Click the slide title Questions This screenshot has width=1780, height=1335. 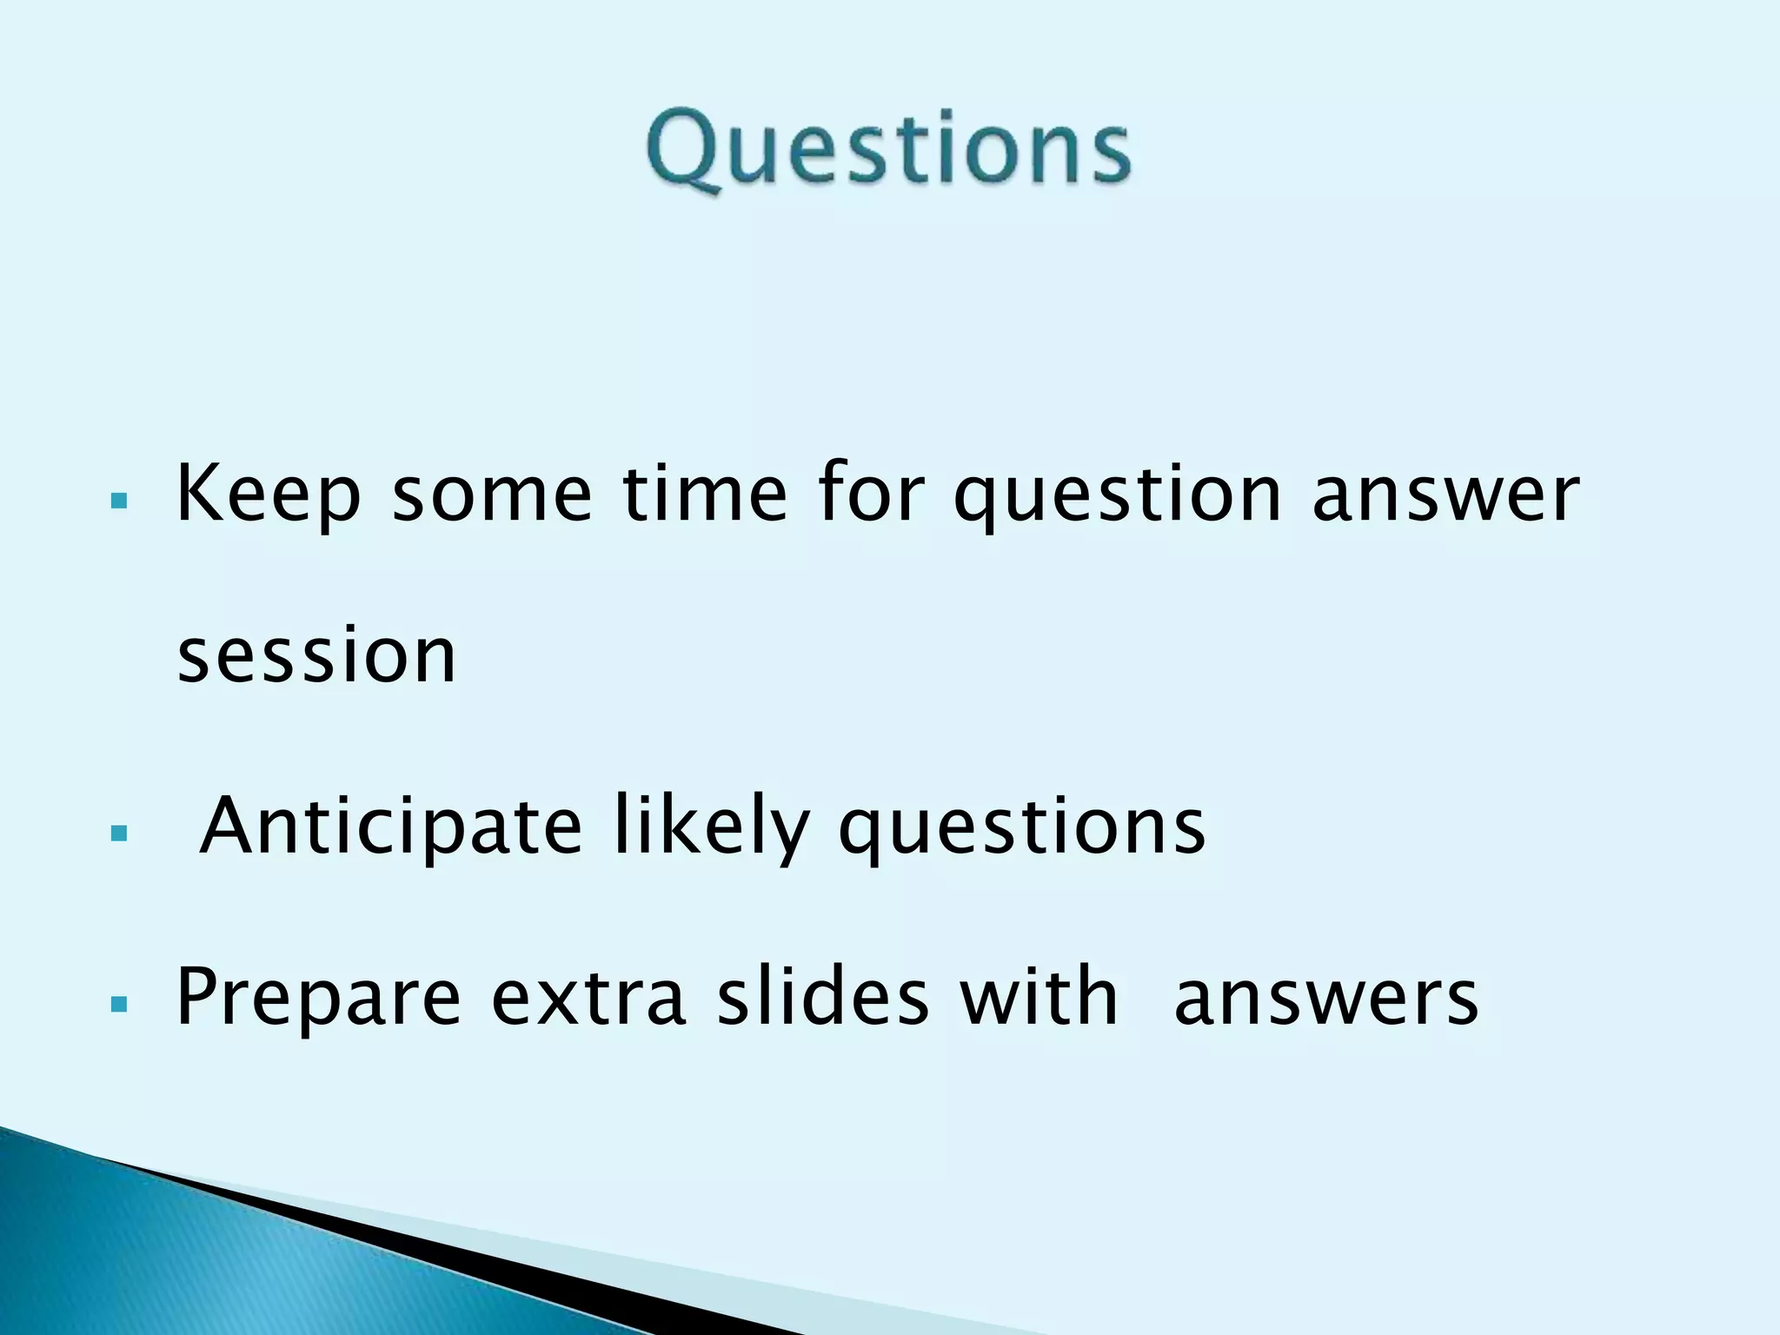[888, 149]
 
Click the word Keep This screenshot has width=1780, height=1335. [268, 495]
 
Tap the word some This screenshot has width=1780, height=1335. [492, 495]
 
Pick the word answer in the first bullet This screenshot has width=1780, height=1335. [1445, 495]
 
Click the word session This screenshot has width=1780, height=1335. [316, 655]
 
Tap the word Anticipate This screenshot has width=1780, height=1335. [390, 827]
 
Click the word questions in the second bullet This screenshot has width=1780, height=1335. [1022, 827]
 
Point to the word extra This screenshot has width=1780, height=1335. [588, 998]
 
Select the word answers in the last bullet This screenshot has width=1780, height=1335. [1325, 998]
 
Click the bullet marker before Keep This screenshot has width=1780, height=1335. [120, 501]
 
